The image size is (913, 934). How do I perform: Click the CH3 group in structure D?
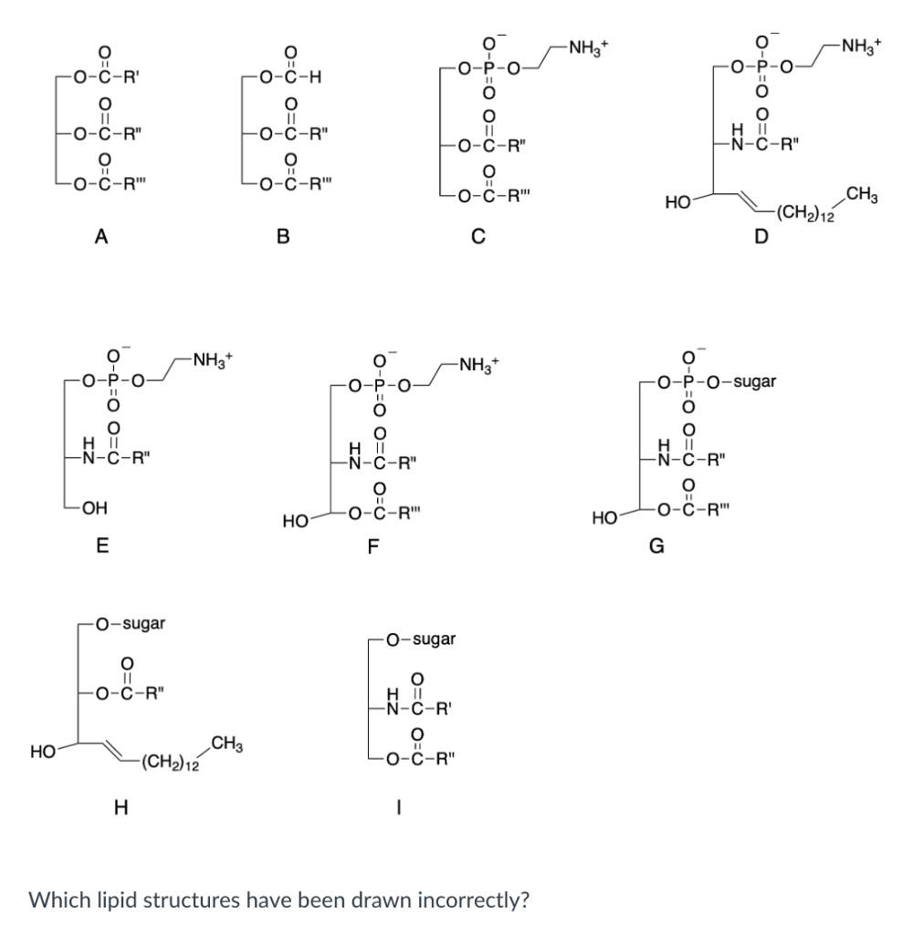click(x=864, y=192)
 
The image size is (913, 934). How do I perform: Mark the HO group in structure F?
click(x=296, y=521)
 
